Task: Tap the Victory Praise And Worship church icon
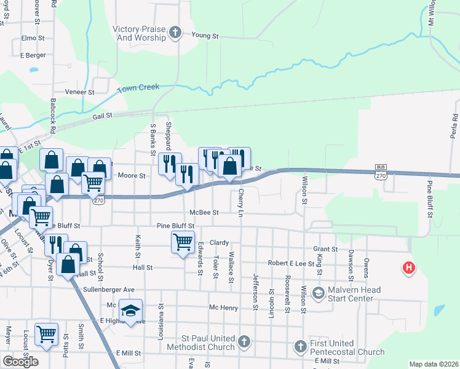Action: [175, 33]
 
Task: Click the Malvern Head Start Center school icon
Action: [318, 293]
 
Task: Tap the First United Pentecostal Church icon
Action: [299, 346]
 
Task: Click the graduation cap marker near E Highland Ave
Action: [130, 311]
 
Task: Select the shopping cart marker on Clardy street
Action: [183, 242]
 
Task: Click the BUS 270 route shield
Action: [382, 171]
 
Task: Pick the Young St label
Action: [205, 36]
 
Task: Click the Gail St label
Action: [103, 115]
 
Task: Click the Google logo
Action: [21, 361]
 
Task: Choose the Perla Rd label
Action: [454, 126]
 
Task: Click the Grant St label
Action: [325, 249]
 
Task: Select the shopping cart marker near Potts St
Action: [47, 334]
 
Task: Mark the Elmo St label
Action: [33, 38]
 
